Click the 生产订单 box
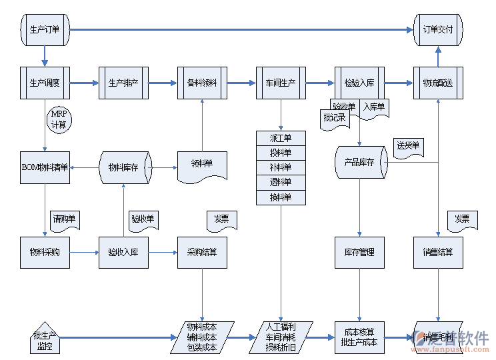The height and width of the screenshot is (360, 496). pyautogui.click(x=45, y=29)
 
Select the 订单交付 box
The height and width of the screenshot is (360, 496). pyautogui.click(x=438, y=29)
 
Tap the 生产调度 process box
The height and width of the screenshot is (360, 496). pyautogui.click(x=45, y=83)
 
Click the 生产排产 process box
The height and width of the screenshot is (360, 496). pyautogui.click(x=123, y=83)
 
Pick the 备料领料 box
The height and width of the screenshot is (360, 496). pyautogui.click(x=202, y=83)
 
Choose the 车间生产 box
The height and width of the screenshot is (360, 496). pyautogui.click(x=281, y=83)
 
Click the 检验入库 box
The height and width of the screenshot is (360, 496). pyautogui.click(x=359, y=83)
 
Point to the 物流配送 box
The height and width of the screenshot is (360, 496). pyautogui.click(x=438, y=83)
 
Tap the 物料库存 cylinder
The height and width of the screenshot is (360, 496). pyautogui.click(x=125, y=167)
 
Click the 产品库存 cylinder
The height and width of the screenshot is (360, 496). pyautogui.click(x=360, y=162)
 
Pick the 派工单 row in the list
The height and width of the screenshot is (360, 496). pyautogui.click(x=281, y=139)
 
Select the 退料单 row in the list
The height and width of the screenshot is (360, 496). pyautogui.click(x=281, y=183)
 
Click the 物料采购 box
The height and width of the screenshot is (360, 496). pyautogui.click(x=45, y=253)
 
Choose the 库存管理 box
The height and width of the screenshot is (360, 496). pyautogui.click(x=359, y=253)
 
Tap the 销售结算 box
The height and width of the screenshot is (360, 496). pyautogui.click(x=438, y=253)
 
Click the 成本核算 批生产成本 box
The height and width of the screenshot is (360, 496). pyautogui.click(x=359, y=337)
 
